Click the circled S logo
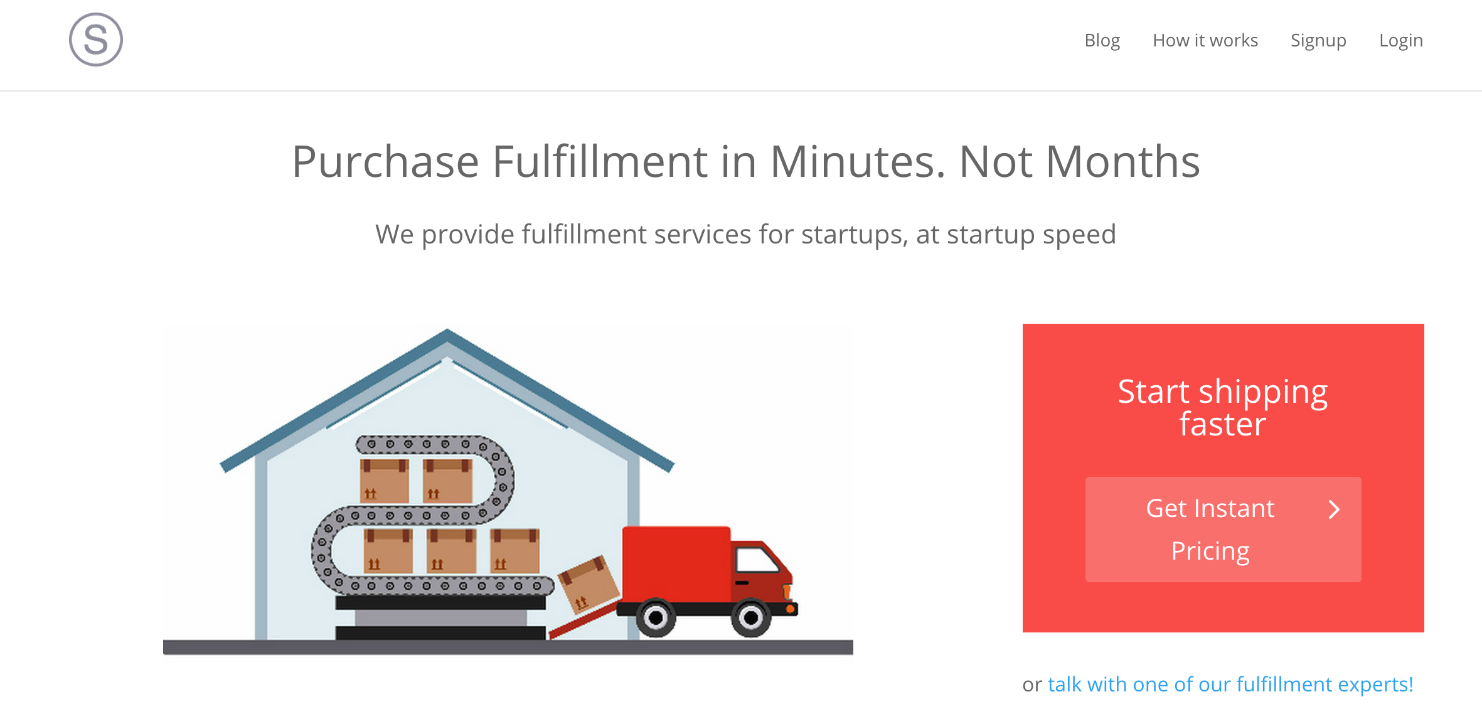click(x=96, y=40)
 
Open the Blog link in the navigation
click(x=1102, y=40)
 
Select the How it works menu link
click(x=1205, y=40)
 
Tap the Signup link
click(x=1318, y=41)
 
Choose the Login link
click(x=1400, y=41)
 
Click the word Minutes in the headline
click(x=857, y=162)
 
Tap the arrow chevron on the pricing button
click(x=1334, y=509)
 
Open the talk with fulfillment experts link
click(x=1230, y=685)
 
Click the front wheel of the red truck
click(x=750, y=618)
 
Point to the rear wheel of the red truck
click(x=656, y=618)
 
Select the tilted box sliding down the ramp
click(x=589, y=584)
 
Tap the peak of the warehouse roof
click(x=447, y=331)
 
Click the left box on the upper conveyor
click(x=385, y=481)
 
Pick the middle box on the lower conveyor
click(x=451, y=551)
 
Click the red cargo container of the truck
click(x=676, y=564)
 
